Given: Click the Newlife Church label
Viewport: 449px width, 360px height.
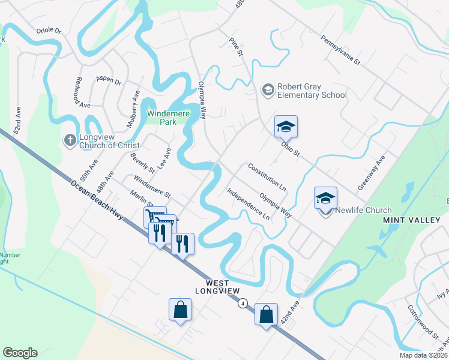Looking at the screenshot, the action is point(363,210).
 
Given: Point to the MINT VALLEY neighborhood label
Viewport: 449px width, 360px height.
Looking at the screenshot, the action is point(412,221).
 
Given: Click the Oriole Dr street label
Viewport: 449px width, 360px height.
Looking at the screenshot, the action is point(49,30).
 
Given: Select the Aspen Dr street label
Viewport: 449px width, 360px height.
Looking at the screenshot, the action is point(109,81).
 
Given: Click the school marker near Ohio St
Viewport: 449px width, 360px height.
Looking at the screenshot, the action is point(286,127).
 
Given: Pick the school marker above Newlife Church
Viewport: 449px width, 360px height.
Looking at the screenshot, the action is point(325,198).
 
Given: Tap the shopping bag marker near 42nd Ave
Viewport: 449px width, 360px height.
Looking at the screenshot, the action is point(266,314).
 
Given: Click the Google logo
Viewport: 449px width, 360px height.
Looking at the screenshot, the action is point(20,353).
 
